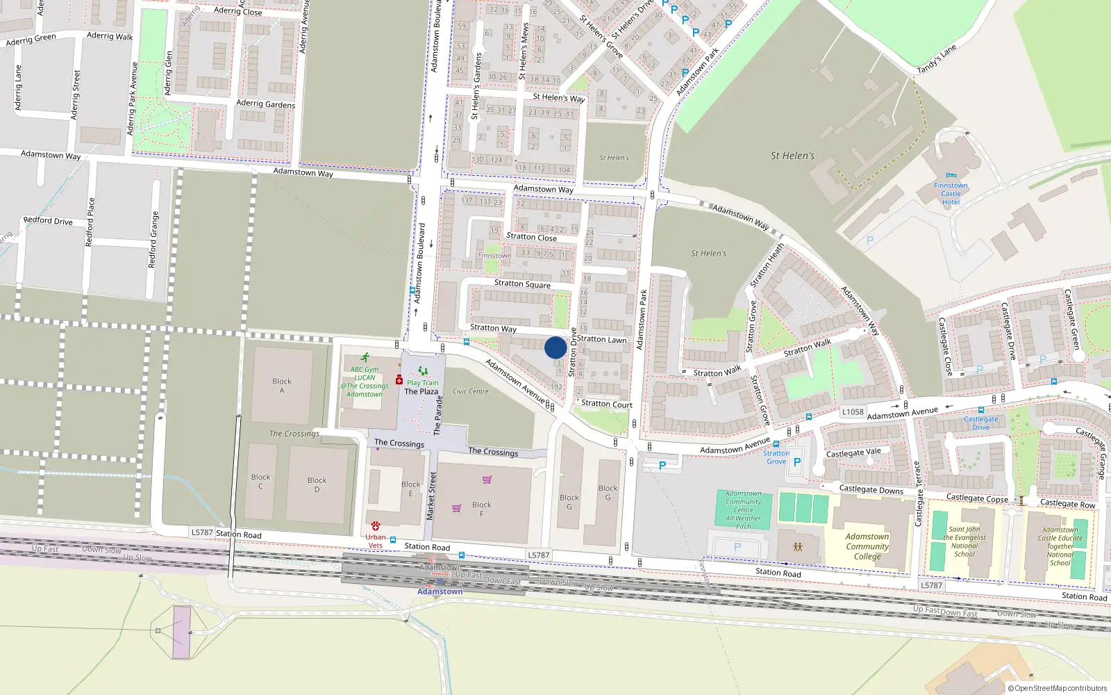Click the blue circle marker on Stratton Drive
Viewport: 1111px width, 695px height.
point(555,347)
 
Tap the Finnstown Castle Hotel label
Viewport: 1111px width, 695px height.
point(951,193)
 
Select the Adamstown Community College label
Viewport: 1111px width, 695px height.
point(867,546)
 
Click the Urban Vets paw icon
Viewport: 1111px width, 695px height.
point(376,526)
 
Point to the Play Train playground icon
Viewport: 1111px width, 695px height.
point(422,371)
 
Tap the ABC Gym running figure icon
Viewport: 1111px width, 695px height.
point(365,358)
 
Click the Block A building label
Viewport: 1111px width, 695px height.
point(282,386)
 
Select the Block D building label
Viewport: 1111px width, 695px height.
point(317,484)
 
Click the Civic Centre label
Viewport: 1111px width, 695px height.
point(471,391)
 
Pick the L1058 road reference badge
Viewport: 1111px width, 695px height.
point(853,411)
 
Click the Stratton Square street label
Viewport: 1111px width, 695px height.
point(522,284)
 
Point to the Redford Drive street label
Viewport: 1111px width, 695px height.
point(48,221)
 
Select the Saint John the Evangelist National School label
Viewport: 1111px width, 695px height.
point(964,541)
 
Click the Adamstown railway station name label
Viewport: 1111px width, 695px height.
point(440,591)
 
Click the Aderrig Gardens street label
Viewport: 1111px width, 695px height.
point(265,104)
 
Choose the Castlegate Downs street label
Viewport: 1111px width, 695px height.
point(871,490)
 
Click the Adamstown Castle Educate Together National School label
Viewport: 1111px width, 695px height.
point(1060,546)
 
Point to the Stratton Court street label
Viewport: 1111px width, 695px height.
point(607,404)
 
